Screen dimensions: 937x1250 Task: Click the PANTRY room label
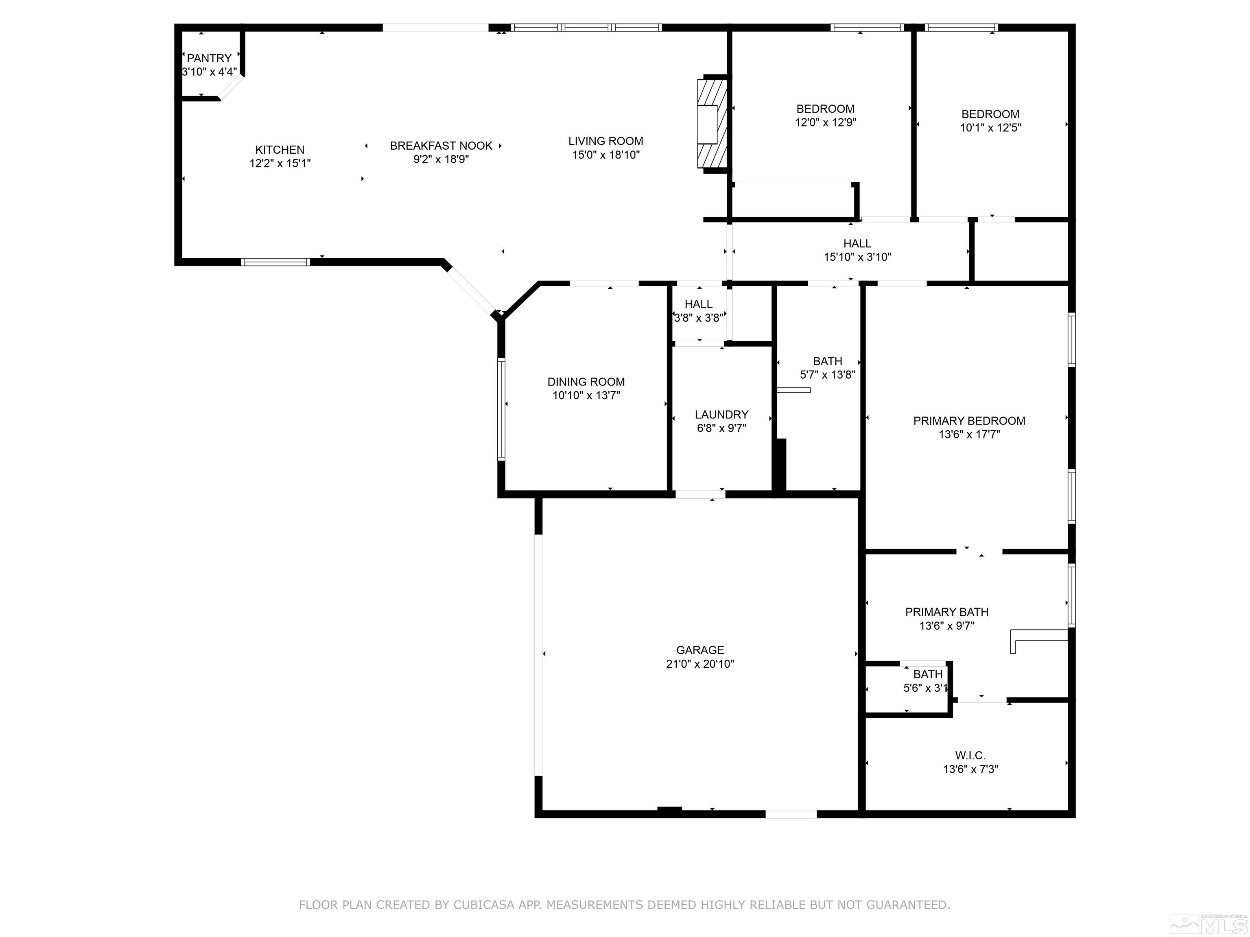(x=209, y=58)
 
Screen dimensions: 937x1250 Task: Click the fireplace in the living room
(x=711, y=124)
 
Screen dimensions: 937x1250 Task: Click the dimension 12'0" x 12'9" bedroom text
(x=825, y=122)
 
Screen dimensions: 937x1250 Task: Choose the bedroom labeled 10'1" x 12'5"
(x=990, y=121)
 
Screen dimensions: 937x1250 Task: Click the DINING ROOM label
(x=586, y=382)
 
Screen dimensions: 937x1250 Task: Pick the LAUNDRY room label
(x=721, y=414)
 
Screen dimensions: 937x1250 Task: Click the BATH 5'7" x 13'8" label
(x=827, y=361)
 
